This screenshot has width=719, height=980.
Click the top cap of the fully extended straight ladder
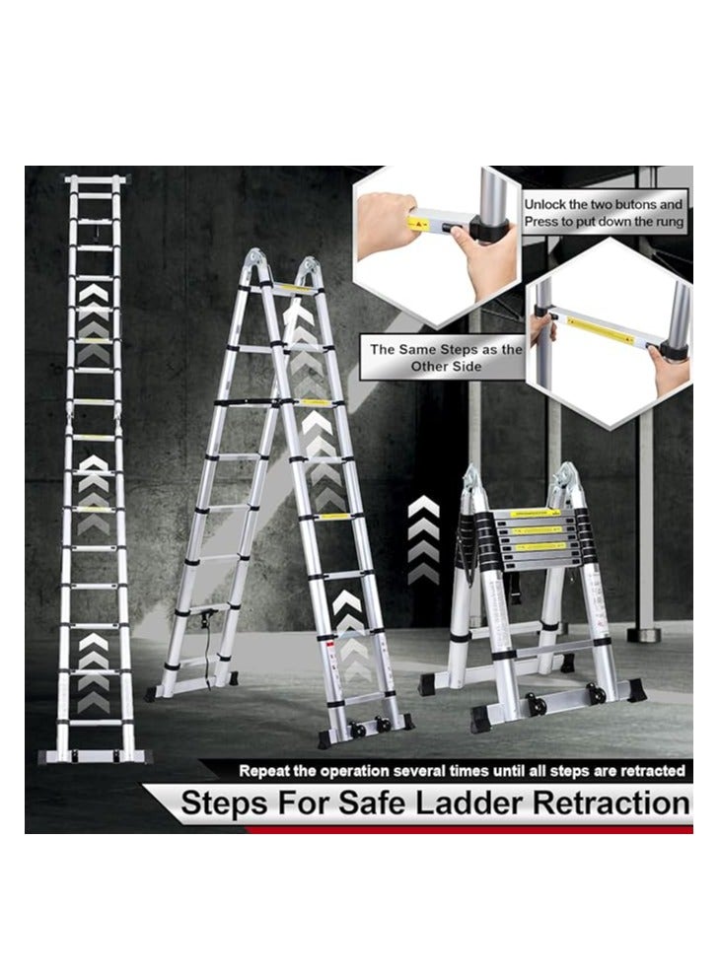(97, 180)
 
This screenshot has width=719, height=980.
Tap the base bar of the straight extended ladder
(95, 756)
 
